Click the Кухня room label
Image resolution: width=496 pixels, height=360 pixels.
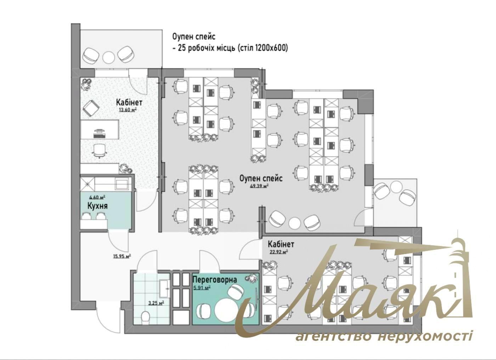point(98,206)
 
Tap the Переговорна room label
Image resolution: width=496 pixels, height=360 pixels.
point(215,280)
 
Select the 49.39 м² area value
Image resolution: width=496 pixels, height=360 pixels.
point(259,186)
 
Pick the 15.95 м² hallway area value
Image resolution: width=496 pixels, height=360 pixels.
point(121,257)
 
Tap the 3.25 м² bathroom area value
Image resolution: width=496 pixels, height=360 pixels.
point(156,303)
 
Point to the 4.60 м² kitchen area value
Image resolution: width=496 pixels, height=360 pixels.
point(97,197)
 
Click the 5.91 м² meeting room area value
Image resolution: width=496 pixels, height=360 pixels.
point(202,288)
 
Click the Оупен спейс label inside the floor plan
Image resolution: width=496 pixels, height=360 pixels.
point(261,178)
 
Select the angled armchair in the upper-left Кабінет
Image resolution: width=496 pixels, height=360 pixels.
point(91,108)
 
